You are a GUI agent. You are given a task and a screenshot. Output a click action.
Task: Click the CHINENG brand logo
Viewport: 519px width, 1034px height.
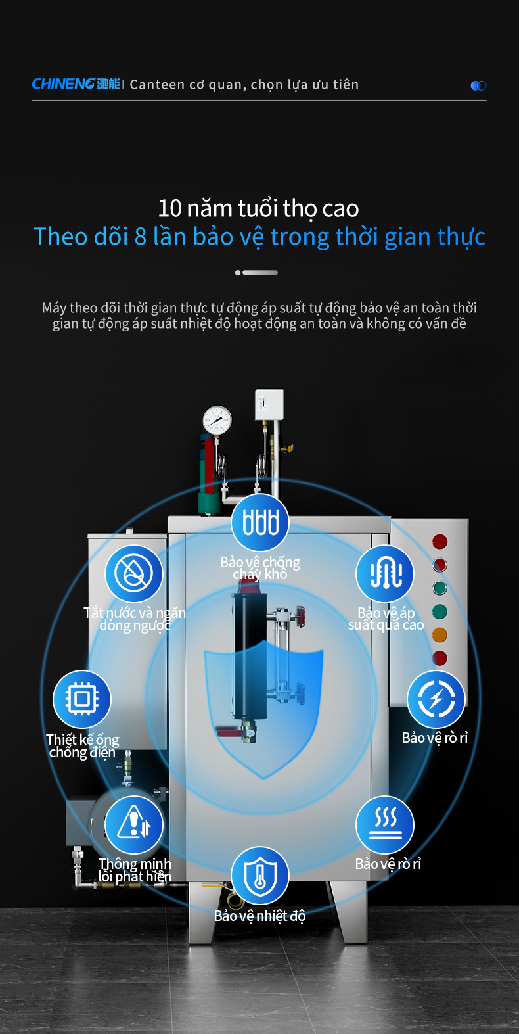(76, 84)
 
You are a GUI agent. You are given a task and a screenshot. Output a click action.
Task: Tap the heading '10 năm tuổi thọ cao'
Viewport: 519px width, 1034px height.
(258, 208)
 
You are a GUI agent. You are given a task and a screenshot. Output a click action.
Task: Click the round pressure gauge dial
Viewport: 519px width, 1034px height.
(217, 420)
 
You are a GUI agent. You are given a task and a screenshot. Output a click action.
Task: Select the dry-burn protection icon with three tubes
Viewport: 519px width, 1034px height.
(260, 522)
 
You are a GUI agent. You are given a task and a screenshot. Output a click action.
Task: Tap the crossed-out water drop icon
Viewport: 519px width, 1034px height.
(134, 573)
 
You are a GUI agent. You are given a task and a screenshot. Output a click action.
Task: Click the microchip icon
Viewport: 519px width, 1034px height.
(82, 699)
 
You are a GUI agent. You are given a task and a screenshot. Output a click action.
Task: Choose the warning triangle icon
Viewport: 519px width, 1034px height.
(134, 824)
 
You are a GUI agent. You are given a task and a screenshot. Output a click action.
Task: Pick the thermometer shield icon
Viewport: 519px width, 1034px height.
(260, 876)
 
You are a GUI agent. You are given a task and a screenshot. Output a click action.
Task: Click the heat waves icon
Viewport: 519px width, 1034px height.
(385, 824)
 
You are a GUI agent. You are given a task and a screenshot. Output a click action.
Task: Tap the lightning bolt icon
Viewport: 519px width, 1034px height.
(436, 699)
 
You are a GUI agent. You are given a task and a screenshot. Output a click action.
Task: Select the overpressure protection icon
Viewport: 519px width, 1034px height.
(385, 573)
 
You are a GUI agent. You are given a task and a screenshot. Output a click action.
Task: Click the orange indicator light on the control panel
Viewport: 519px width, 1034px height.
(440, 635)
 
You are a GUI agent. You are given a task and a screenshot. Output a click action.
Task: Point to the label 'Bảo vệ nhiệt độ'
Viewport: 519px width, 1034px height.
(259, 916)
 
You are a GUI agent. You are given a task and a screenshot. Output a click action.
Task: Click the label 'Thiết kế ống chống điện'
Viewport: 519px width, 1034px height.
(83, 746)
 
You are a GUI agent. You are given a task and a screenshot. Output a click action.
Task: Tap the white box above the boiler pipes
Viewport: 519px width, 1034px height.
(269, 405)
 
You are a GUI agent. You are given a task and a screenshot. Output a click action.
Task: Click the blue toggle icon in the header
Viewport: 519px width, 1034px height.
(478, 85)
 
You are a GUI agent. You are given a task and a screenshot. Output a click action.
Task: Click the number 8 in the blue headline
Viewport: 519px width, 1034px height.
(141, 237)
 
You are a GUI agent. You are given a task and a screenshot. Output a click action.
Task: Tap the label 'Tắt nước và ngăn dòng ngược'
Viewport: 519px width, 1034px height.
(135, 619)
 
